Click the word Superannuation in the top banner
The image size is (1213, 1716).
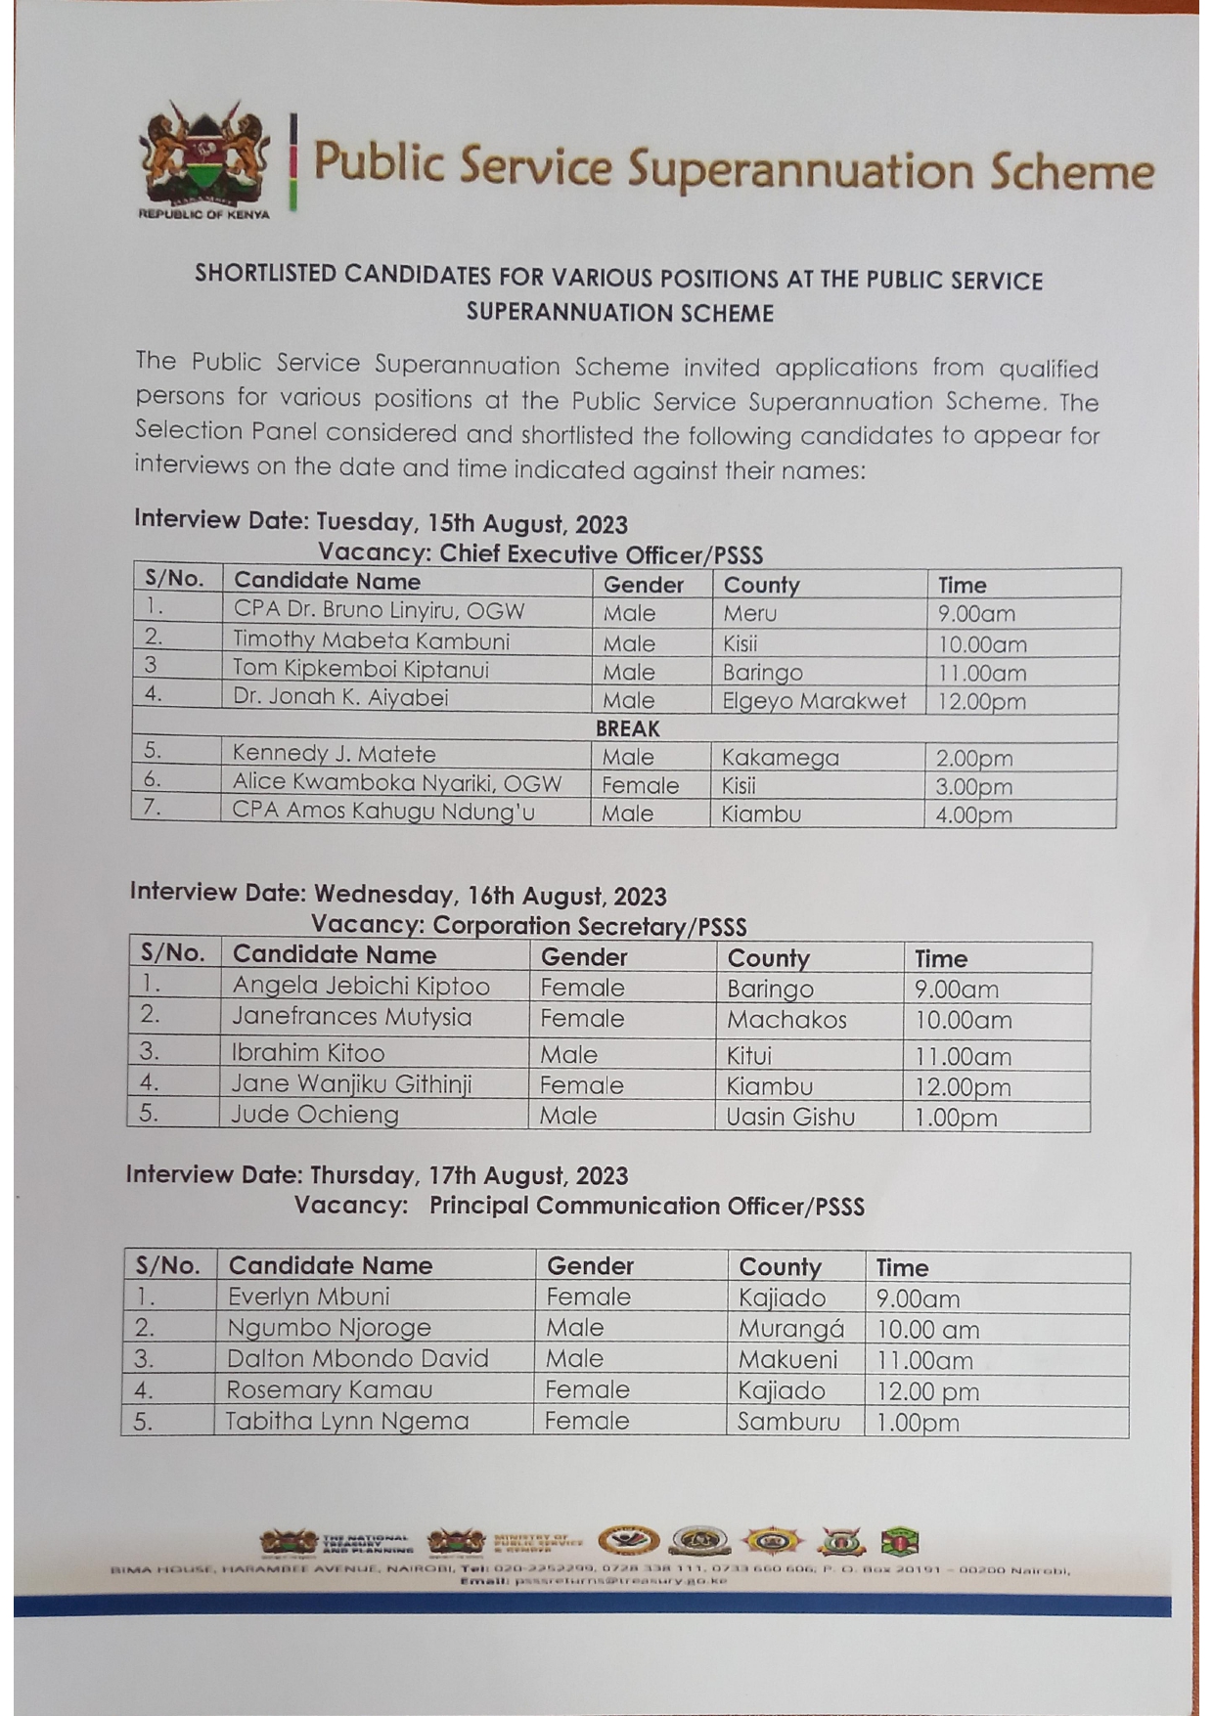pyautogui.click(x=800, y=168)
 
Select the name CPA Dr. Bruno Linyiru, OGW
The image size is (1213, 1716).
pyautogui.click(x=379, y=611)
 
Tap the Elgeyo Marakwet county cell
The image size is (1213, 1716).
pyautogui.click(x=814, y=701)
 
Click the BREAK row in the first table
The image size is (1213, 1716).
pyautogui.click(x=627, y=728)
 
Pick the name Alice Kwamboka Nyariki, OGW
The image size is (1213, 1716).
pyautogui.click(x=396, y=783)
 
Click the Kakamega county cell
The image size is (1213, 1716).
pyautogui.click(x=780, y=758)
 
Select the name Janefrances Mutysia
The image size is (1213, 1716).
pyautogui.click(x=351, y=1018)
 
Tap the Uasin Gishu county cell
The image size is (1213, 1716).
pyautogui.click(x=790, y=1117)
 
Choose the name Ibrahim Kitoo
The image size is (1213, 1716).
pyautogui.click(x=307, y=1053)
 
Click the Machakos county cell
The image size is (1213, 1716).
pyautogui.click(x=786, y=1020)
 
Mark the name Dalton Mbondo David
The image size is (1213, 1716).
pyautogui.click(x=357, y=1359)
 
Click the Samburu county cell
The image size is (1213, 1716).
pyautogui.click(x=788, y=1422)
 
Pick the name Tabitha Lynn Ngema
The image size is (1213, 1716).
pyautogui.click(x=347, y=1421)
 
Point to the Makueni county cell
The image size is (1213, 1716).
pyautogui.click(x=787, y=1360)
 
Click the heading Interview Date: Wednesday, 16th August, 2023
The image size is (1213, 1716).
pyautogui.click(x=398, y=894)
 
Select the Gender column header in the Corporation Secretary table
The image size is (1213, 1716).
pyautogui.click(x=584, y=957)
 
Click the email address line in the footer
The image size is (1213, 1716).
pyautogui.click(x=593, y=1580)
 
